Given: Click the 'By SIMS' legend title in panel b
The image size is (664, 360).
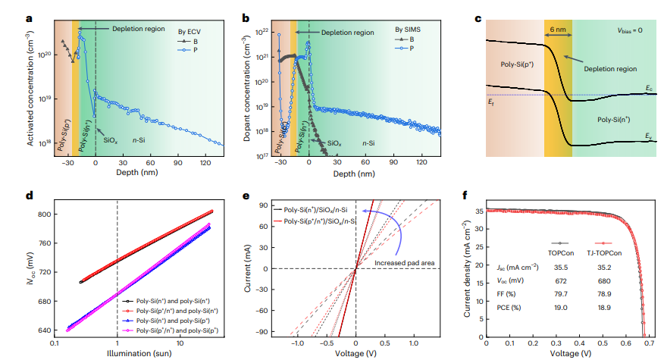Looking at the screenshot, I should tap(409, 30).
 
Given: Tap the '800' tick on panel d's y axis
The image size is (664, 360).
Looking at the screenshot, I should tap(44, 214).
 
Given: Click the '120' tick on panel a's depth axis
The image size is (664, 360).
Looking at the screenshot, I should tap(205, 162).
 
